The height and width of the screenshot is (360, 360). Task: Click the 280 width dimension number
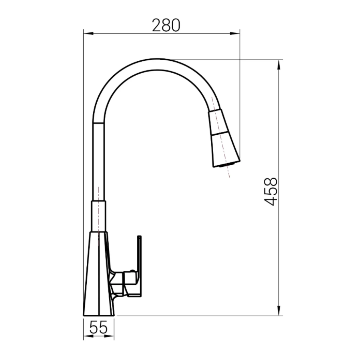tap(166, 25)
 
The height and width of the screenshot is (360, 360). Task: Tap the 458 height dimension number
tap(271, 192)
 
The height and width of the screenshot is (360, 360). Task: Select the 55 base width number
tap(98, 327)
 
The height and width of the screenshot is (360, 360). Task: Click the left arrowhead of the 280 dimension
tap(89, 34)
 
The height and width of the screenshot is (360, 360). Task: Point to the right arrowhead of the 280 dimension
tap(235, 34)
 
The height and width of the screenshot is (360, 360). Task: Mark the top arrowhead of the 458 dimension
tap(279, 65)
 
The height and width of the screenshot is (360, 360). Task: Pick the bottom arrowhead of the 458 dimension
tap(279, 310)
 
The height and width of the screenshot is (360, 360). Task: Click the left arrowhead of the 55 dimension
tap(88, 336)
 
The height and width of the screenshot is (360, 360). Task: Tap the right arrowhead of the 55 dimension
tap(109, 336)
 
